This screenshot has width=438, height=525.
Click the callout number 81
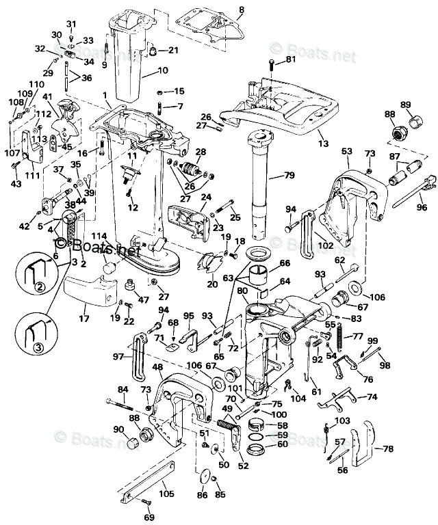click(291, 59)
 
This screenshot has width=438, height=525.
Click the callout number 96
click(422, 207)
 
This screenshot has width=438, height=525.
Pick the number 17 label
click(83, 318)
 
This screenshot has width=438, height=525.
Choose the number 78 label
click(387, 448)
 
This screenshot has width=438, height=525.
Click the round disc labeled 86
click(203, 476)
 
